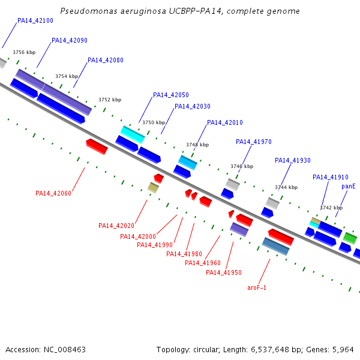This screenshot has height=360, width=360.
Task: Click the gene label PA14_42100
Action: point(35,20)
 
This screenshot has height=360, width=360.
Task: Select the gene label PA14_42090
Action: point(70,40)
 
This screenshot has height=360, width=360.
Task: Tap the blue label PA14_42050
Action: point(171,95)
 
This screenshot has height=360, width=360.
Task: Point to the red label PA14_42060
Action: point(53,193)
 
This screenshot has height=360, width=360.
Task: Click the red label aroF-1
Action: point(257,287)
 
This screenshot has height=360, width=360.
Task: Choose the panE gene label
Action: point(348,186)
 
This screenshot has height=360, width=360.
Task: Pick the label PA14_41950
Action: point(224,272)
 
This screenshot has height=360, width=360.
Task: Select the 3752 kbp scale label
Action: point(110,100)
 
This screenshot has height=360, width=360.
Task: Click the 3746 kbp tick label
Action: point(242,166)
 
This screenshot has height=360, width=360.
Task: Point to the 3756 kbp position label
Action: point(24,52)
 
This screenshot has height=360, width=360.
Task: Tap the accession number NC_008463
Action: point(65,350)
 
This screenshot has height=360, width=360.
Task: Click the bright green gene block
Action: point(350,238)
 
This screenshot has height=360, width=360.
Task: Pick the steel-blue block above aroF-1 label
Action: point(276,247)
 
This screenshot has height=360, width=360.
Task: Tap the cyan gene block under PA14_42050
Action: point(133,134)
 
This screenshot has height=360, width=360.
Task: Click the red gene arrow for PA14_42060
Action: point(97,147)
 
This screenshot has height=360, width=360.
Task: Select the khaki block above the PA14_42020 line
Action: point(153,188)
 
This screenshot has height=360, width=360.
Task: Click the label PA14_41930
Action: point(293,160)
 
